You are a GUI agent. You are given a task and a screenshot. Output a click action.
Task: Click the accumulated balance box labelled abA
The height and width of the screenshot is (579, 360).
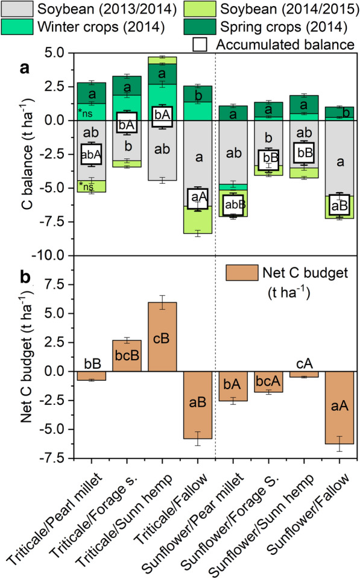point(92,154)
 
